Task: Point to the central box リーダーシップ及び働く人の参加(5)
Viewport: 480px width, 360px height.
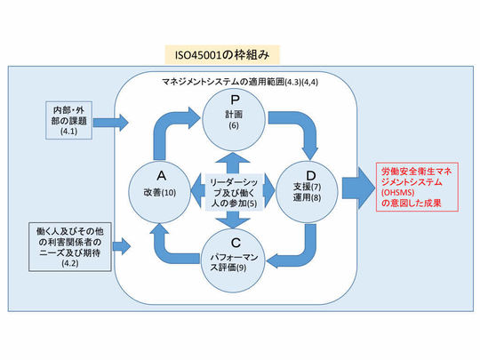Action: click(x=233, y=192)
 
